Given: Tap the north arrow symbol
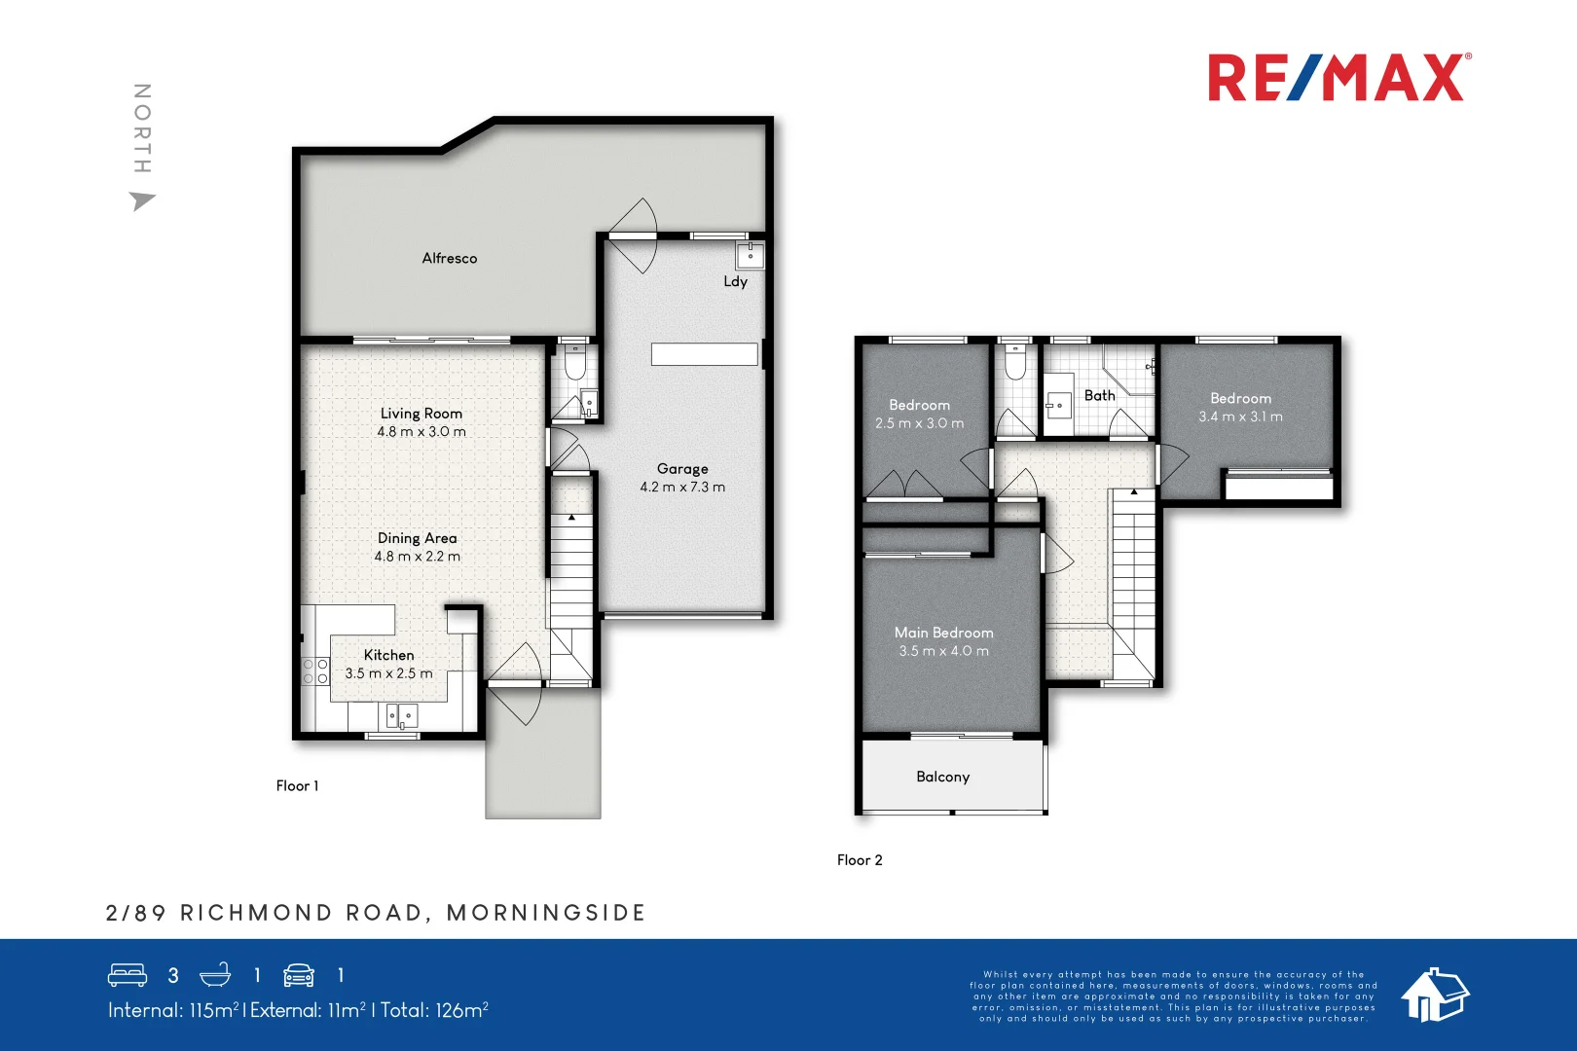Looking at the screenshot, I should pyautogui.click(x=142, y=201).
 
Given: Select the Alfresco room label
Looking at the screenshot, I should pyautogui.click(x=449, y=258).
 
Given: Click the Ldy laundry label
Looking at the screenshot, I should pyautogui.click(x=735, y=281).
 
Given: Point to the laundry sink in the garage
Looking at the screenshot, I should pyautogui.click(x=750, y=256).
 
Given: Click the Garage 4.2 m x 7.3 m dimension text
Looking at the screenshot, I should pyautogui.click(x=681, y=487).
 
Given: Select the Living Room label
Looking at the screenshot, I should pyautogui.click(x=421, y=414).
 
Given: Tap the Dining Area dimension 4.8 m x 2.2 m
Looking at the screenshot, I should pyautogui.click(x=417, y=557).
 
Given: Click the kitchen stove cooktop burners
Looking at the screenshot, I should pyautogui.click(x=314, y=670).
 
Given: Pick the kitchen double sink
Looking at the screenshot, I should pyautogui.click(x=401, y=717).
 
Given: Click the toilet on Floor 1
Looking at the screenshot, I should pyautogui.click(x=574, y=365).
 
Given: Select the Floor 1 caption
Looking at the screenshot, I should pyautogui.click(x=297, y=785).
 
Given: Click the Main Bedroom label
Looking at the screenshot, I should pyautogui.click(x=943, y=633).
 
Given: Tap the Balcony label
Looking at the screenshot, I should pyautogui.click(x=942, y=777).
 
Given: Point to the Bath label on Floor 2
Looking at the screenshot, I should pyautogui.click(x=1099, y=395).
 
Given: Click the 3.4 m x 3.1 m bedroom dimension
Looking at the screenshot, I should pyautogui.click(x=1240, y=417).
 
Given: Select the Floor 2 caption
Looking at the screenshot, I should pyautogui.click(x=860, y=859).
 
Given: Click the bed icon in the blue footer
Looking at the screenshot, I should pyautogui.click(x=128, y=975).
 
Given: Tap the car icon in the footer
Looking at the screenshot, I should pyautogui.click(x=299, y=975).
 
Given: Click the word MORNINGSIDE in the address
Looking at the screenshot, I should pyautogui.click(x=546, y=913).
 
